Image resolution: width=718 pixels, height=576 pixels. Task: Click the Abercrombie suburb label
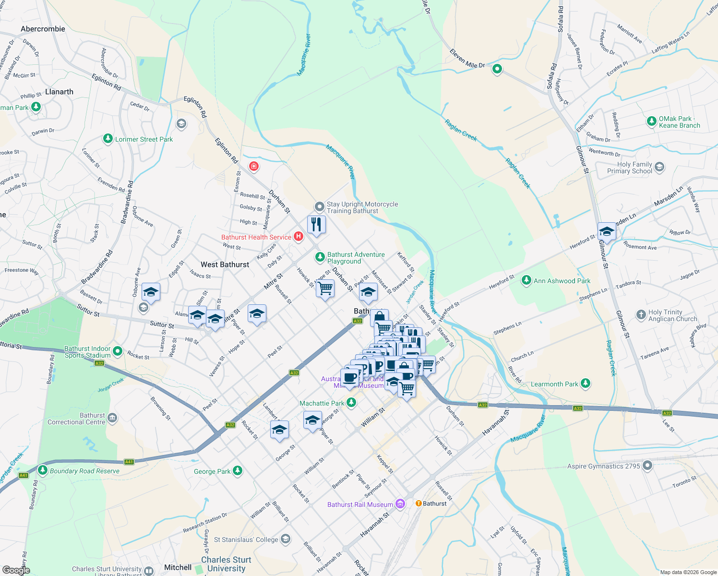point(43,29)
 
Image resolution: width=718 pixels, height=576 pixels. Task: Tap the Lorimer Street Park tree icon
point(108,139)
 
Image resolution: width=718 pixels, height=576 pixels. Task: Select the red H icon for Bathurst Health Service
point(299,236)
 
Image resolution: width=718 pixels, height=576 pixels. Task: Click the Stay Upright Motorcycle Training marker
point(320,207)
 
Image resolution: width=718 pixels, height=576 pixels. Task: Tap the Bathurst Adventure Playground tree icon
point(320,257)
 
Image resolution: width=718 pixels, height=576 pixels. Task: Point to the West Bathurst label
point(225,264)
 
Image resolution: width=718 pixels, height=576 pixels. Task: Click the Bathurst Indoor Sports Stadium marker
point(118,352)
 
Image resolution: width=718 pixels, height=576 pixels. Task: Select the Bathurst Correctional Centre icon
point(112,418)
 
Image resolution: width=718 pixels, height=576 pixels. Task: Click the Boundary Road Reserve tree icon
point(43,470)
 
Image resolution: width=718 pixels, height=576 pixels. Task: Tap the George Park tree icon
point(238,471)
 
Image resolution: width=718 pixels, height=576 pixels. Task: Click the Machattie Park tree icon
point(351,403)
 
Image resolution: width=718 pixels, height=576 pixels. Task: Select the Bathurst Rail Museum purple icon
point(400,504)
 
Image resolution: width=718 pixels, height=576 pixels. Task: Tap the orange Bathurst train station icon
point(419,503)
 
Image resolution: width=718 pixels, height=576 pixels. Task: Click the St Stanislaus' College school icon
point(286,539)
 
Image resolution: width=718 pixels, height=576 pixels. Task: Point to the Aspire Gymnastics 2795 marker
point(647,466)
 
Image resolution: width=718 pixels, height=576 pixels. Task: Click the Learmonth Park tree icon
point(585,384)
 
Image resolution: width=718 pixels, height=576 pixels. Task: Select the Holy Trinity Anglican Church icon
point(641,315)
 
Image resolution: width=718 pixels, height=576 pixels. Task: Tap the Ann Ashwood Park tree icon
point(527,280)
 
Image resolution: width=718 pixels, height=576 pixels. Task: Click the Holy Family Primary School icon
point(659,167)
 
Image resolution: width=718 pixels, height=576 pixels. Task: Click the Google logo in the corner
point(16,570)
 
